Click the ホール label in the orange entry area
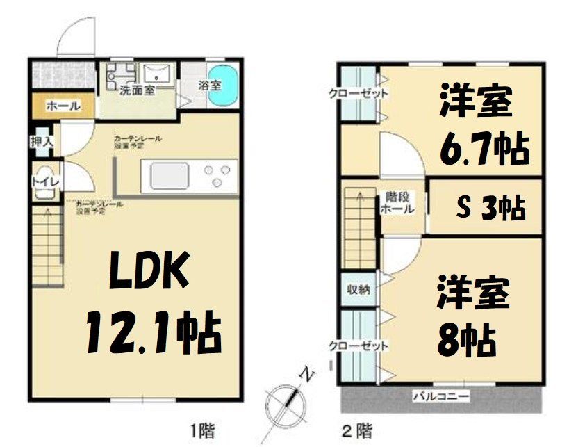click(63, 106)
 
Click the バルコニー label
click(441, 397)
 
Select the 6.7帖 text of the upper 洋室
click(484, 148)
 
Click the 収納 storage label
click(358, 290)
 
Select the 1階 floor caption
click(199, 430)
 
